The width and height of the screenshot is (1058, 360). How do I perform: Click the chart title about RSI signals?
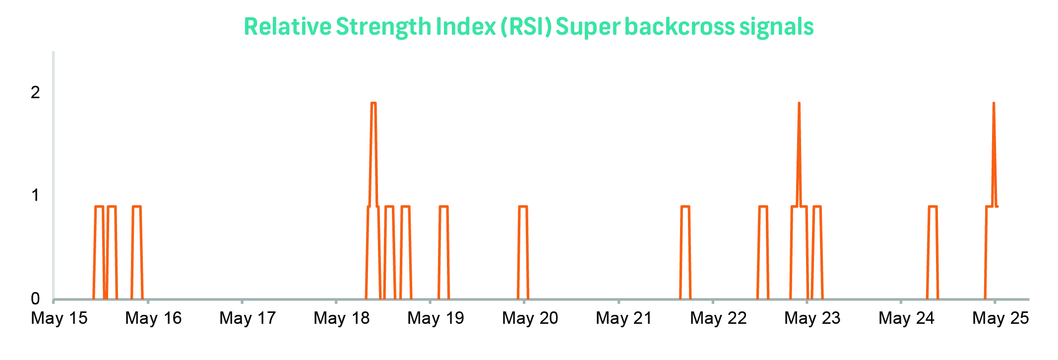[529, 27]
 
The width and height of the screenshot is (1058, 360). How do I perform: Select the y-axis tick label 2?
[35, 92]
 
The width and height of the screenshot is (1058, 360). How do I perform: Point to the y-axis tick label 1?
[35, 195]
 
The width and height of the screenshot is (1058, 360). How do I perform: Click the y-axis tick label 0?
[35, 299]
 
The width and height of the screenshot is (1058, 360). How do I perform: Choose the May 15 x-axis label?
[59, 318]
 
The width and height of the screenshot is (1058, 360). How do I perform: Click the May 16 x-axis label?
[153, 318]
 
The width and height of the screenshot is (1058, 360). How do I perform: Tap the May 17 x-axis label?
[248, 318]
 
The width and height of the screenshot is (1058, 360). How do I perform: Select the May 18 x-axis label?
[342, 318]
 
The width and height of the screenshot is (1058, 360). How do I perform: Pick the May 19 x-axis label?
[436, 318]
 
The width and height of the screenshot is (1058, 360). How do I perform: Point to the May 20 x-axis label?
[530, 318]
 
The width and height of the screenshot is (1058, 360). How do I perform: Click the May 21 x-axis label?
[624, 318]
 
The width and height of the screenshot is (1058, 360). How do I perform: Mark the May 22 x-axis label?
[718, 318]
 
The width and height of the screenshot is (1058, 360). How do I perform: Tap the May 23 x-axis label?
[812, 318]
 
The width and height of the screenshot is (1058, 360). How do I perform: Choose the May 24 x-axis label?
[906, 318]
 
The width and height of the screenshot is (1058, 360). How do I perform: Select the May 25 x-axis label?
[1000, 318]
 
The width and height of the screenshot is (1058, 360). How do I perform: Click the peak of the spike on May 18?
[373, 103]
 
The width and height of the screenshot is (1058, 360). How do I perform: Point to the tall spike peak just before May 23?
[799, 103]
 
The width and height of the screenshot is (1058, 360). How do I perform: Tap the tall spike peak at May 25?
[994, 103]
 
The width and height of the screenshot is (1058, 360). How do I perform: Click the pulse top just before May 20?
[523, 206]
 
